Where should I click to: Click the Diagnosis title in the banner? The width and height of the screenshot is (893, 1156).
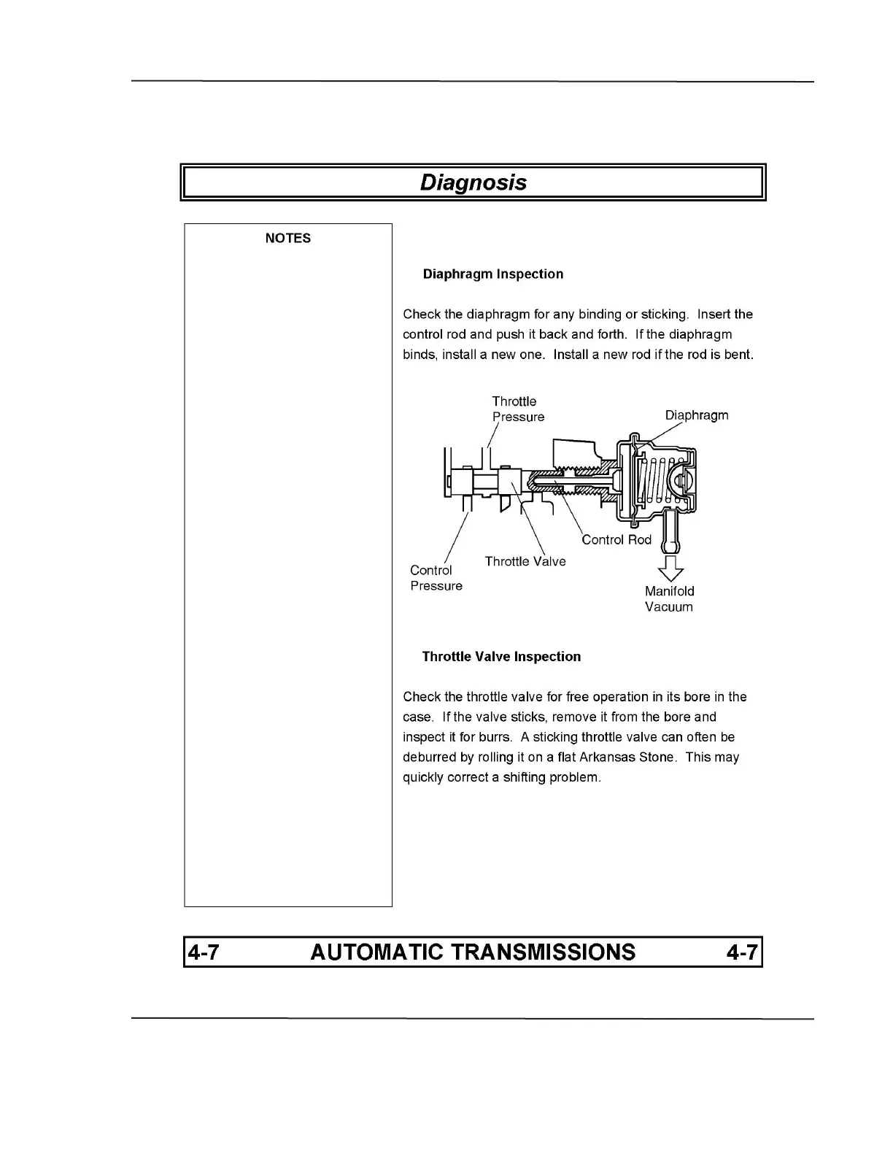(473, 182)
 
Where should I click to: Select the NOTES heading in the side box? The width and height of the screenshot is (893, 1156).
(287, 238)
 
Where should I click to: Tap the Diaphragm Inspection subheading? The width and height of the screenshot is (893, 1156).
(492, 274)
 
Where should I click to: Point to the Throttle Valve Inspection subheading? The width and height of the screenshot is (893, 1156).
(501, 657)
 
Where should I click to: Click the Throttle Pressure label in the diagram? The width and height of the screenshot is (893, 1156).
(517, 409)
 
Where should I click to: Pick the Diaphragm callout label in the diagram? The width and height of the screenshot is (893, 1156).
(696, 415)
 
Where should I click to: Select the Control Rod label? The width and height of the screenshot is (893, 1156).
(616, 540)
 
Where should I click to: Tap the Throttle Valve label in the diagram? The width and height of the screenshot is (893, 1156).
(525, 561)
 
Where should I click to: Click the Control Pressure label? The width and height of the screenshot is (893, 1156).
(436, 578)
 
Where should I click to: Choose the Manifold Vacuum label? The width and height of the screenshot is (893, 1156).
(669, 598)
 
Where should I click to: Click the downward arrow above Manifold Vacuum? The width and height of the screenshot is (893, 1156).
(669, 568)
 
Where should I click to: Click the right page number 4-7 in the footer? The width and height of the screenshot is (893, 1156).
(742, 952)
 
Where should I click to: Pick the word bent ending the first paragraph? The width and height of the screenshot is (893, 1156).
(738, 355)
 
